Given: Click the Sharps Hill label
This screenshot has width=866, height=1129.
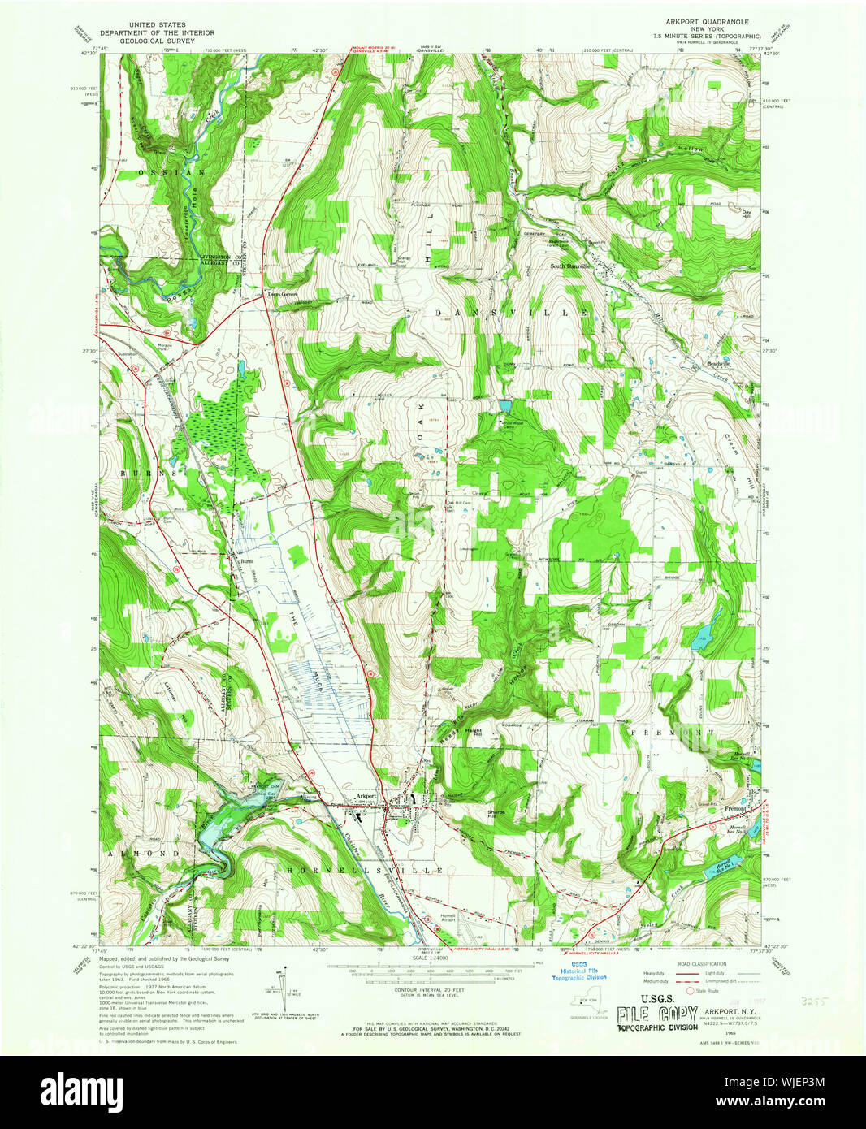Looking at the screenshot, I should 497,815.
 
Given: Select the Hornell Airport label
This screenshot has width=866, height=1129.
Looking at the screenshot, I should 448,916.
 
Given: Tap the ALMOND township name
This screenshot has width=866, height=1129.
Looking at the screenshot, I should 141,854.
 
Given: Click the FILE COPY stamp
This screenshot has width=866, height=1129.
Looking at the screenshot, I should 656,1014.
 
